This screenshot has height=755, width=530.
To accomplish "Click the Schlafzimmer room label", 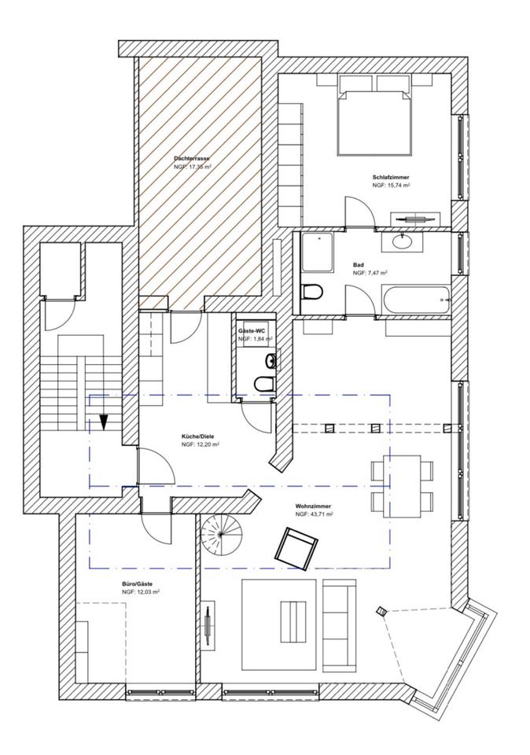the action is [x=390, y=177].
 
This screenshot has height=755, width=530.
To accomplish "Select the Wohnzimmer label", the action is [x=314, y=506].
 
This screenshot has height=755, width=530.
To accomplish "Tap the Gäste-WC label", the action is [x=252, y=331].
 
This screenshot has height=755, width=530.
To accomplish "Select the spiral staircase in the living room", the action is [x=220, y=533].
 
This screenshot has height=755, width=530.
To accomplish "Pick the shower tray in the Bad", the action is [x=317, y=252].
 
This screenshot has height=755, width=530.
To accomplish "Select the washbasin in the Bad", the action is [x=402, y=241].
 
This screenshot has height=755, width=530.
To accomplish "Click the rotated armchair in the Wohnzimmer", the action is [x=296, y=549].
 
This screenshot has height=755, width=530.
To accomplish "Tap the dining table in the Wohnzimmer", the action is [x=403, y=486].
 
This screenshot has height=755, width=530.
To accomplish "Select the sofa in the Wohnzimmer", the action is [x=339, y=624].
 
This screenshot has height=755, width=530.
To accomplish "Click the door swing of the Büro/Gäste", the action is [x=156, y=528].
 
